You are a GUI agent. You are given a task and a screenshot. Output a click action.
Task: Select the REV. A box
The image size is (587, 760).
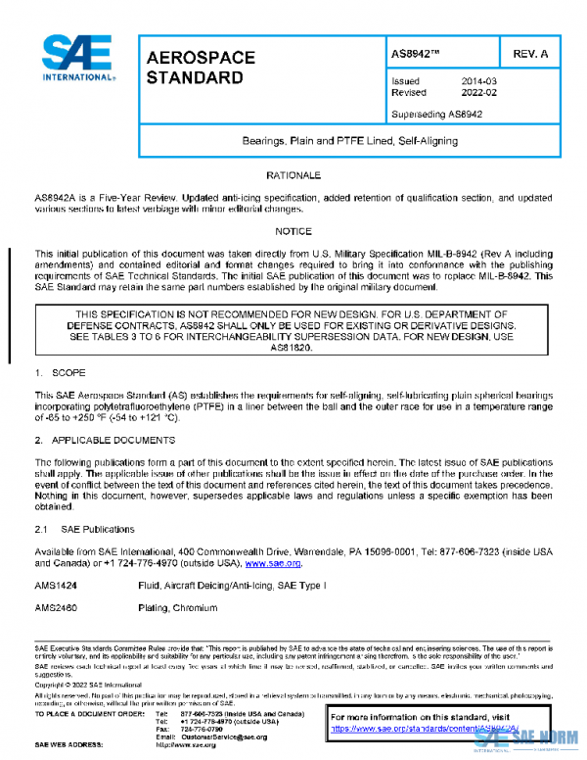point(532,52)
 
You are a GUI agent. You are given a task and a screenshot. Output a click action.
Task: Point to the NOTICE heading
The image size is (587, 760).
point(293,232)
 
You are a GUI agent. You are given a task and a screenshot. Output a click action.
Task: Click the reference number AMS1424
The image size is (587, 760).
point(57,585)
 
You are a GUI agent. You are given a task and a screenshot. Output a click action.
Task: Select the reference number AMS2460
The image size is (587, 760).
point(57,607)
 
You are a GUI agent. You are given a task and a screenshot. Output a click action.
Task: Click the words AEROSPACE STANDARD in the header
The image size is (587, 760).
point(201,67)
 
